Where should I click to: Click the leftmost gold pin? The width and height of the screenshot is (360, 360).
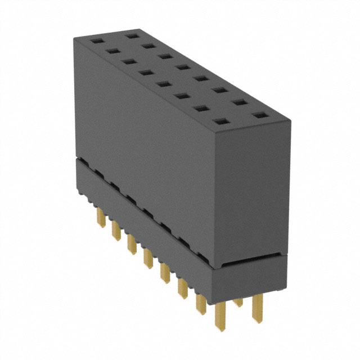pyautogui.click(x=102, y=217)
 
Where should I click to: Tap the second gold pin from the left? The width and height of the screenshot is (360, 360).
pyautogui.click(x=116, y=229)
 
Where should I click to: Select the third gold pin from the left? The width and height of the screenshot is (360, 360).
pyautogui.click(x=132, y=244)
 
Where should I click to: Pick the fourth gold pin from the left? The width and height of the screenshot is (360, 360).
pyautogui.click(x=148, y=258)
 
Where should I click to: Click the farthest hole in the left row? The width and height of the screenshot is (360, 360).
pyautogui.click(x=96, y=41)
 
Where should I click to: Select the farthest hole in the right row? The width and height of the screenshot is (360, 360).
pyautogui.click(x=133, y=35)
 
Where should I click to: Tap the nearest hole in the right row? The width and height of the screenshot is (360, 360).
pyautogui.click(x=259, y=115)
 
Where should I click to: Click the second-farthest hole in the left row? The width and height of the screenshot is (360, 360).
pyautogui.click(x=112, y=51)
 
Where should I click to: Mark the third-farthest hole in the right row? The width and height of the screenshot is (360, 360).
pyautogui.click(x=165, y=56)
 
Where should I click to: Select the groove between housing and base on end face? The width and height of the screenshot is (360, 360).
pyautogui.click(x=253, y=260)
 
